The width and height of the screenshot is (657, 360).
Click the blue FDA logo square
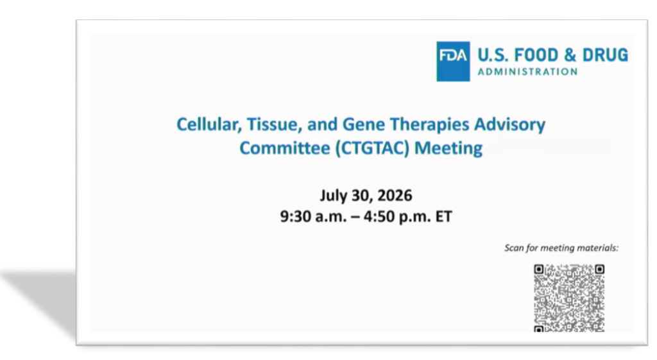pos(453,61)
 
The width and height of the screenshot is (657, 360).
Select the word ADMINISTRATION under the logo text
pos(527,72)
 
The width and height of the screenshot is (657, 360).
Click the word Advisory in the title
pos(510,125)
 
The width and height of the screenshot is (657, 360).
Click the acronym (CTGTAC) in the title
pos(372,148)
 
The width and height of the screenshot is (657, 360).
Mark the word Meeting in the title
pos(448,149)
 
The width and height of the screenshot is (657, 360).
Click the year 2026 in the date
pos(395,196)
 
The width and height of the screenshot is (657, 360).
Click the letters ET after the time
pos(444,217)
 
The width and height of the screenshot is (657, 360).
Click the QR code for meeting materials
pos(569,298)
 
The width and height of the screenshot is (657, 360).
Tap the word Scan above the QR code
pos(514,248)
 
